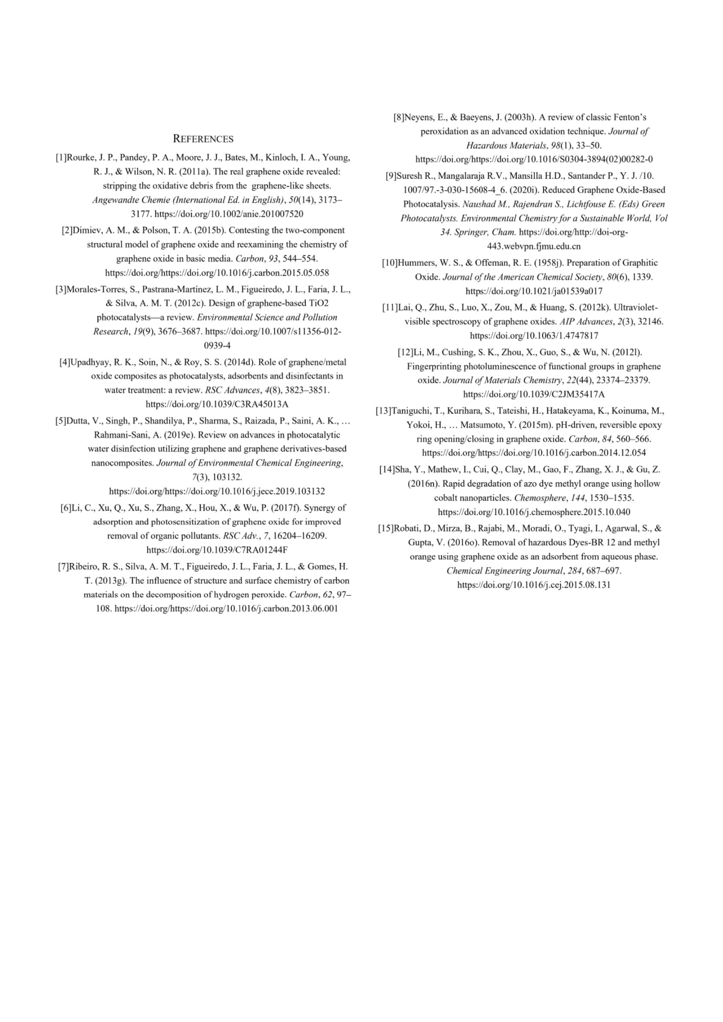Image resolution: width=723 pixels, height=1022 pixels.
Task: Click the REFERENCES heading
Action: (x=203, y=139)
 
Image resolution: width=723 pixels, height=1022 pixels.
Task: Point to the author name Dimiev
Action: (x=87, y=230)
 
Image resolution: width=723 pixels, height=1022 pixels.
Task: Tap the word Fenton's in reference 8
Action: (x=629, y=117)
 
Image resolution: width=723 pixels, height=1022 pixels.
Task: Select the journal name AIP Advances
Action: (x=586, y=322)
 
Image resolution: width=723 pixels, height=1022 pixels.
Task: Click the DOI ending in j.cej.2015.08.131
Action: (x=534, y=585)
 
